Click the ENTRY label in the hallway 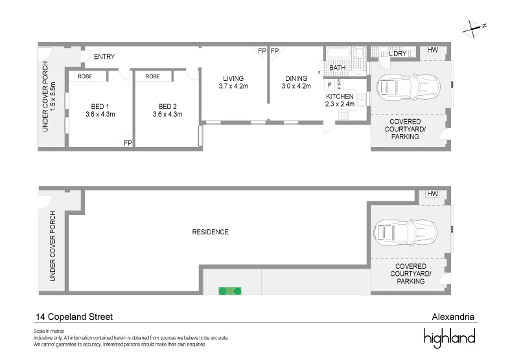tap(104, 57)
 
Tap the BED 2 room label tap(167, 110)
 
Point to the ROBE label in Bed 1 tap(85, 76)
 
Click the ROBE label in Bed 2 tap(153, 76)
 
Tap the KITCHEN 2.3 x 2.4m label tap(340, 100)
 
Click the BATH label tap(337, 67)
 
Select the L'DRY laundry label tap(398, 53)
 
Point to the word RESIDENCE tap(211, 232)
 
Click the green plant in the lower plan tap(229, 291)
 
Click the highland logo tap(449, 337)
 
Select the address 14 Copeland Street tap(74, 317)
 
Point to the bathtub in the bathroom tap(337, 52)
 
